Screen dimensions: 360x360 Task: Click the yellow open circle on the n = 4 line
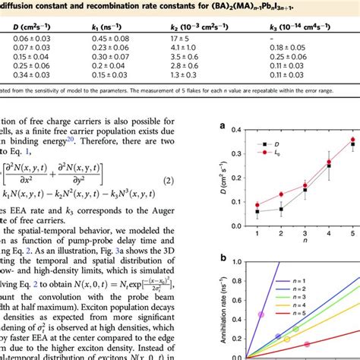pos(295,329)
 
